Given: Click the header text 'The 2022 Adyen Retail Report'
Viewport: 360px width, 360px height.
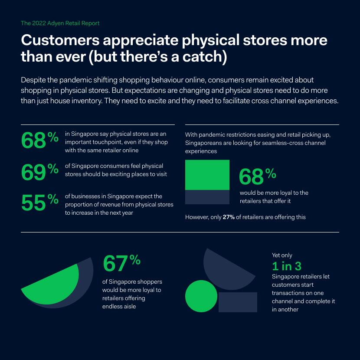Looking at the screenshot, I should (60, 23).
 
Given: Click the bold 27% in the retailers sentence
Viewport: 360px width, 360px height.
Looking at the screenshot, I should (229, 217).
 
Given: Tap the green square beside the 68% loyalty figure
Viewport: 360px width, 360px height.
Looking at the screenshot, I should (207, 175).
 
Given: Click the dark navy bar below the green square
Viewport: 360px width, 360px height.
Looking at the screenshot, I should (207, 197).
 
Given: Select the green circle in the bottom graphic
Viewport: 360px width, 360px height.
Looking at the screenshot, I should (201, 296).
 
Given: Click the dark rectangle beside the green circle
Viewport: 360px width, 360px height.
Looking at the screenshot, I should (238, 302).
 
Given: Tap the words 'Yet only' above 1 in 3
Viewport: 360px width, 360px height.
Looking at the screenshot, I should (282, 255).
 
